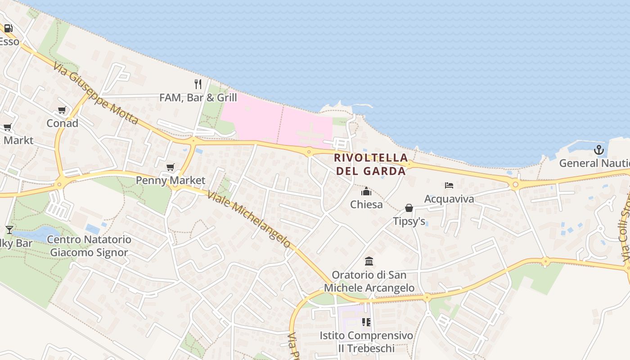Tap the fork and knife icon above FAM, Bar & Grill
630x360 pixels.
pyautogui.click(x=198, y=84)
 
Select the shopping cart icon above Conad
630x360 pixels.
pyautogui.click(x=62, y=110)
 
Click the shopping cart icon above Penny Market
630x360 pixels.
pyautogui.click(x=170, y=167)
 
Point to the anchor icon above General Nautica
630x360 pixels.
pyautogui.click(x=598, y=150)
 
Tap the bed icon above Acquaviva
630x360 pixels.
pyautogui.click(x=449, y=185)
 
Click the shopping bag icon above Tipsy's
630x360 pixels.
pyautogui.click(x=409, y=208)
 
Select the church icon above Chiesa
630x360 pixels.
pyautogui.click(x=366, y=192)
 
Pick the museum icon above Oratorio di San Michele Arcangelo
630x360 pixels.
pyautogui.click(x=369, y=261)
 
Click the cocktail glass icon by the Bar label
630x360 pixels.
pyautogui.click(x=9, y=230)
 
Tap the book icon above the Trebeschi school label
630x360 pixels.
pyautogui.click(x=366, y=322)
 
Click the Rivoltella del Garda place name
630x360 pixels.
pyautogui.click(x=371, y=164)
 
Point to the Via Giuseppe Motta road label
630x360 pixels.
pyautogui.click(x=95, y=94)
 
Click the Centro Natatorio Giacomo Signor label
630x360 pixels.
pyautogui.click(x=89, y=246)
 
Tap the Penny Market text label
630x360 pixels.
pyautogui.click(x=171, y=180)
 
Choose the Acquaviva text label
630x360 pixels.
pyautogui.click(x=449, y=198)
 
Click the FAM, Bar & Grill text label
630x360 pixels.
pyautogui.click(x=198, y=97)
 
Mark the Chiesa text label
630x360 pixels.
pyautogui.click(x=366, y=205)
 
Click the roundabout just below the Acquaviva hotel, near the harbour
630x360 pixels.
pyautogui.click(x=515, y=184)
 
